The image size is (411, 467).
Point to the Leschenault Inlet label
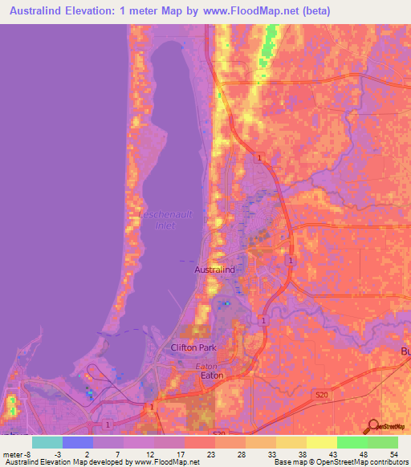(x=168, y=219)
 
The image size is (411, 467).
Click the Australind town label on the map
(x=215, y=270)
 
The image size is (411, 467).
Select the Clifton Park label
(x=193, y=347)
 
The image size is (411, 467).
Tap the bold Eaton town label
(x=212, y=375)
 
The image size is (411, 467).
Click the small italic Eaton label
(x=207, y=365)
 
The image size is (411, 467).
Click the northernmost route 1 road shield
(x=258, y=159)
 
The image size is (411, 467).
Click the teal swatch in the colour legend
(x=47, y=442)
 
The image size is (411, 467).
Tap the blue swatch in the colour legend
(x=78, y=442)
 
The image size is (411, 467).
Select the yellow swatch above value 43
(x=322, y=442)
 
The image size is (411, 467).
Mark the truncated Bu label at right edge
(x=405, y=352)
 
